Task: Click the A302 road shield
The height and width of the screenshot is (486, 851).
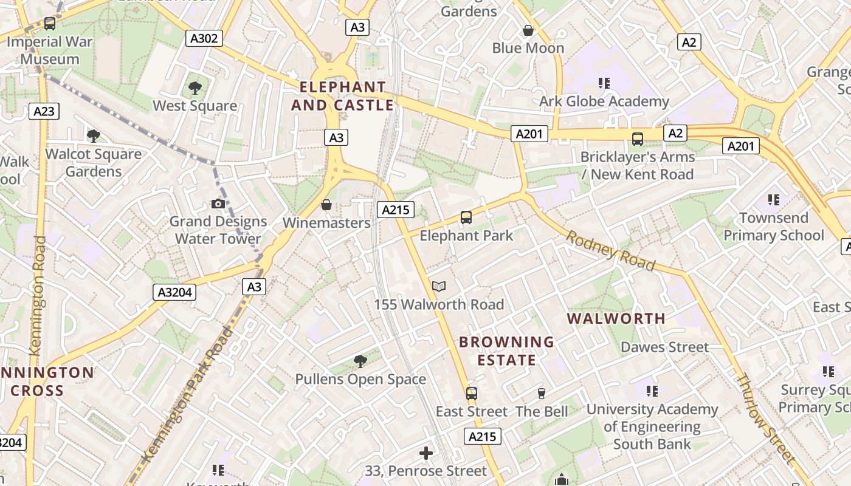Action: point(204,39)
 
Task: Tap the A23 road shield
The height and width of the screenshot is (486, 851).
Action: point(44,111)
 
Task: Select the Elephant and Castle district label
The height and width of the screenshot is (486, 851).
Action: point(343,96)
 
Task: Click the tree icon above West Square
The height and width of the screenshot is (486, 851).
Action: point(195,88)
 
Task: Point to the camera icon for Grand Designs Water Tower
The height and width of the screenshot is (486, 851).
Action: point(218,204)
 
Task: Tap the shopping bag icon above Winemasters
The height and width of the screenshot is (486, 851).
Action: point(326,205)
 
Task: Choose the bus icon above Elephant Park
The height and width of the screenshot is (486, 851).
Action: point(466,217)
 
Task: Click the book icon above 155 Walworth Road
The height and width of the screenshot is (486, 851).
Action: point(439,286)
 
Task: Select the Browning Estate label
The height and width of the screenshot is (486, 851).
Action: point(506,351)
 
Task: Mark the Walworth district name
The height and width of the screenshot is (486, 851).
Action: point(616,318)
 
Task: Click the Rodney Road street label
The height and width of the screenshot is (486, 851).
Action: point(611,250)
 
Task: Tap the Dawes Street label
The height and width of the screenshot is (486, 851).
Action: point(664,347)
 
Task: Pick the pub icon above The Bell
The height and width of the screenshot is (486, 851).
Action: point(542,394)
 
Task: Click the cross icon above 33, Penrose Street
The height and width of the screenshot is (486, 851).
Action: point(426,453)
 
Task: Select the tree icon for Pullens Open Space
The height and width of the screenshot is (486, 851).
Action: point(360,361)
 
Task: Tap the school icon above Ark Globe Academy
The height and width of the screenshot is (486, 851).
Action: point(604,83)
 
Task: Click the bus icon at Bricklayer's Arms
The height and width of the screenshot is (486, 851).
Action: point(638,139)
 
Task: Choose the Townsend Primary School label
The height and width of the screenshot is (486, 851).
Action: point(773,227)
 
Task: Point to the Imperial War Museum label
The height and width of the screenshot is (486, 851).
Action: point(49,50)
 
